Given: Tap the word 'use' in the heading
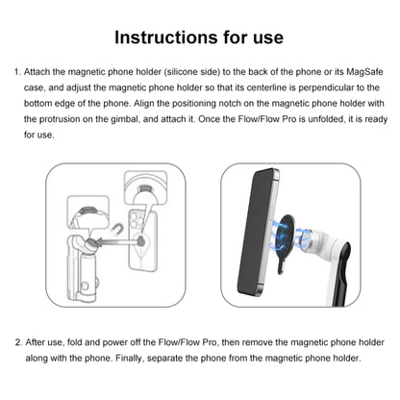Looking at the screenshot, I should click(263, 37).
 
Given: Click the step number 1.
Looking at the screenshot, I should click(16, 72).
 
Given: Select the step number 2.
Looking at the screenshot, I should click(16, 341).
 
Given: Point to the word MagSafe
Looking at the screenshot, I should click(361, 72).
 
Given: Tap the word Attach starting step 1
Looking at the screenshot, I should click(40, 72).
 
